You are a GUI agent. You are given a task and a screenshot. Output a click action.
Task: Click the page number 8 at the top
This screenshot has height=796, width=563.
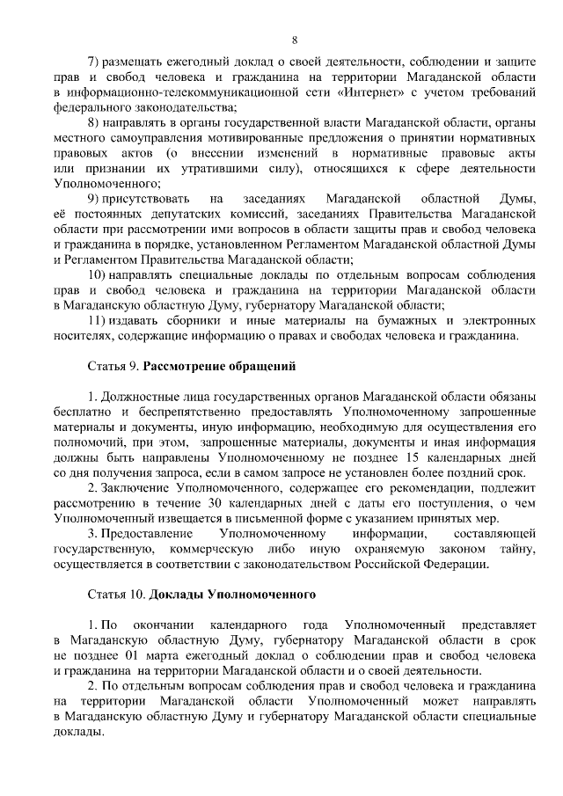coord(295,40)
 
